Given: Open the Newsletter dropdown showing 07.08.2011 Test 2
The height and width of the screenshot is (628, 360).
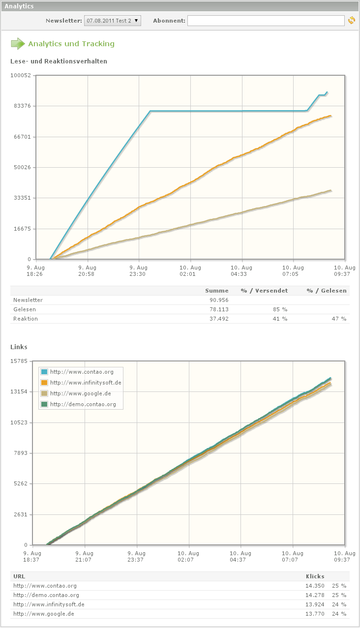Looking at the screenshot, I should click(113, 21).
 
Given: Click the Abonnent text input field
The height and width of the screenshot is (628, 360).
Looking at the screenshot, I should click(266, 21).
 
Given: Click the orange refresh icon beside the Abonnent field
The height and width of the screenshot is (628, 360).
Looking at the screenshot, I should click(351, 21).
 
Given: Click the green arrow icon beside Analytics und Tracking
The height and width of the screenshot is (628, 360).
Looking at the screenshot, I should click(18, 44).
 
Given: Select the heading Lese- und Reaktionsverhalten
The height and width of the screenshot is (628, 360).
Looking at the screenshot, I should click(59, 61).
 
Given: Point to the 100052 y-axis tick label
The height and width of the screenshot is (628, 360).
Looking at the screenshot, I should click(21, 75).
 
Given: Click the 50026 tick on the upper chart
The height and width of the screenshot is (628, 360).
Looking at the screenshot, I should click(22, 167).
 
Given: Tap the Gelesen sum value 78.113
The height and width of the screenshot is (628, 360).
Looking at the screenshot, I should click(218, 309).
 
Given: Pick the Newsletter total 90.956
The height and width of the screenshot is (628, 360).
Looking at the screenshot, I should click(218, 300).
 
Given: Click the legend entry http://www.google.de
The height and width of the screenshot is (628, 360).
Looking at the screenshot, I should click(80, 393).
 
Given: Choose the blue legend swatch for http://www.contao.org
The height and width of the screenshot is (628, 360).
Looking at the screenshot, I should click(44, 372).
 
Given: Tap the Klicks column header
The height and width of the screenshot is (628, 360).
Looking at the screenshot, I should click(315, 576).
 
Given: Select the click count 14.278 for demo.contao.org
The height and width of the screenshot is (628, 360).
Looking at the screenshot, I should click(315, 595).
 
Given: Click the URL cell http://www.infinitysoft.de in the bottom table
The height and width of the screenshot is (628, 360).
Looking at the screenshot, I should click(49, 604).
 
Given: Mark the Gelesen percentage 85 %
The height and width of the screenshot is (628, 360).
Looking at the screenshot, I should click(280, 309).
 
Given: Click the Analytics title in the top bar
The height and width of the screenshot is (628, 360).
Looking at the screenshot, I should click(19, 6).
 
